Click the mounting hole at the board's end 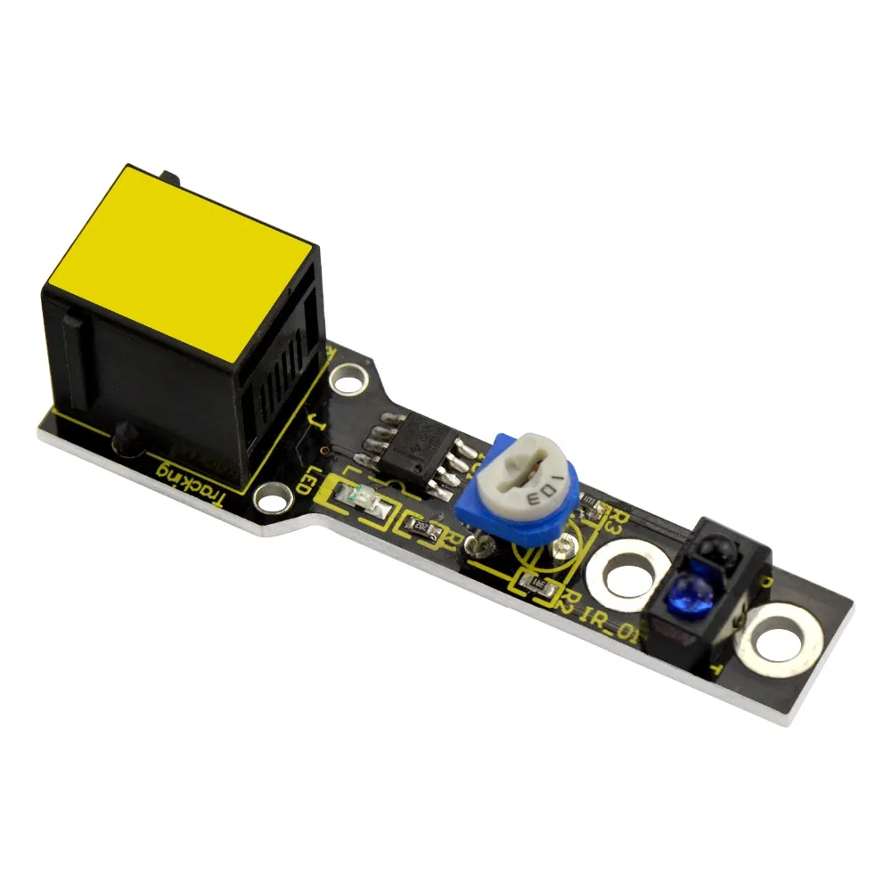pyautogui.click(x=778, y=638)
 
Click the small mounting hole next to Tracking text pyautogui.click(x=272, y=495)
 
